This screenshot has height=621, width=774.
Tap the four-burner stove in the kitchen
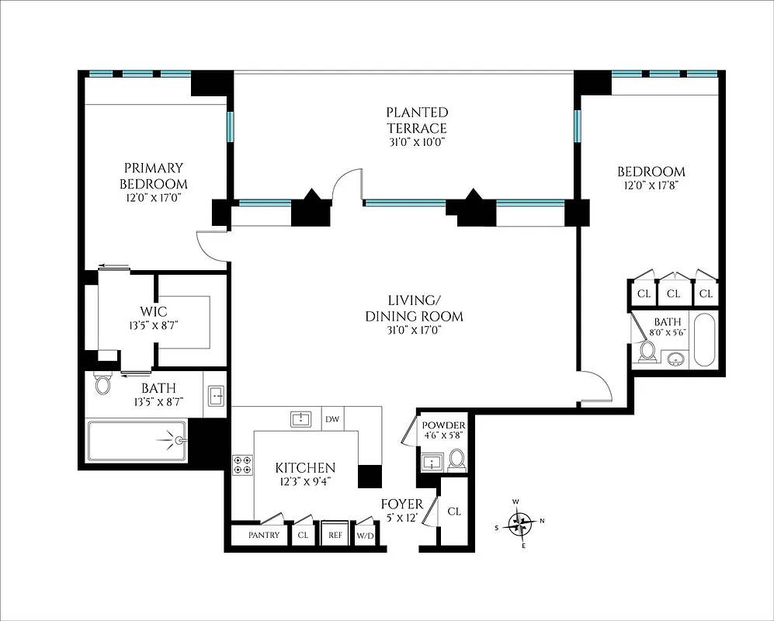[242, 464]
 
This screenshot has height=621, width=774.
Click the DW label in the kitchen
[332, 420]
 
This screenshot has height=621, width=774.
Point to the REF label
[335, 535]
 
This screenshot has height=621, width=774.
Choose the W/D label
[365, 535]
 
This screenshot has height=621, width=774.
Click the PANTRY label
[263, 535]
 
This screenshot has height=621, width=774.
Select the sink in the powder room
[431, 463]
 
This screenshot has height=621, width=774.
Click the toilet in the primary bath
[102, 383]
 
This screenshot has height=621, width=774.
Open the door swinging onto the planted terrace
[347, 186]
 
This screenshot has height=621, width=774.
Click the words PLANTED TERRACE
[417, 120]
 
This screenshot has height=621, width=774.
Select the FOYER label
[401, 505]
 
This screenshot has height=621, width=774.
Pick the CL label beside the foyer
[454, 512]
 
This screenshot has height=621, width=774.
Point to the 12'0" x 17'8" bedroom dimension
[651, 186]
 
